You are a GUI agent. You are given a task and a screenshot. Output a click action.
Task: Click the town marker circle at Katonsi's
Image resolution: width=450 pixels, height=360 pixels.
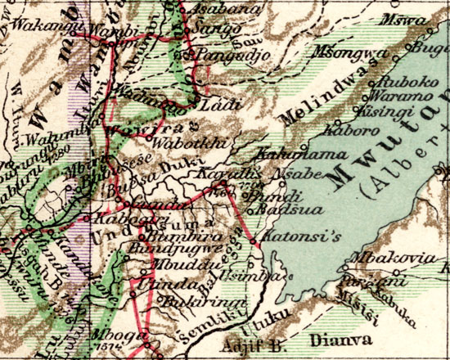[x=257, y=244]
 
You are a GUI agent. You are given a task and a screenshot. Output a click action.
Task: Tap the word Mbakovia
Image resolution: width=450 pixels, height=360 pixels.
[x=380, y=259]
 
